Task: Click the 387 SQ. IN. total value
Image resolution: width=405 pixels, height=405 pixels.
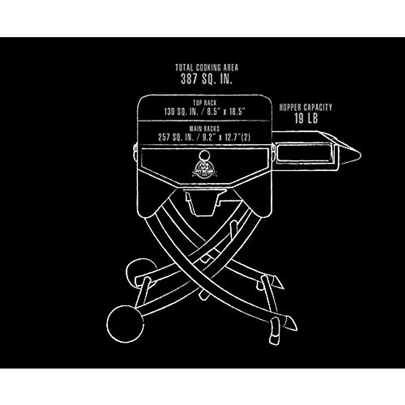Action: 207,79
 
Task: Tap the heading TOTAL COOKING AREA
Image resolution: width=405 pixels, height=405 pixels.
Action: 207,67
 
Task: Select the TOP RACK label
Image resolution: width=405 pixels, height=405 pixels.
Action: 205,103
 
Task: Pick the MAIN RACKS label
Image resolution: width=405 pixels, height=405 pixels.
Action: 204,129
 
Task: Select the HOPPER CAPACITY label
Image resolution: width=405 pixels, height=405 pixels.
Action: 306,108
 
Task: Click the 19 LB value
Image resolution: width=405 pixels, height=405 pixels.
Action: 306,118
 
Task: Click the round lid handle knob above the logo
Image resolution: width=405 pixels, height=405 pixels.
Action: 204,156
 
